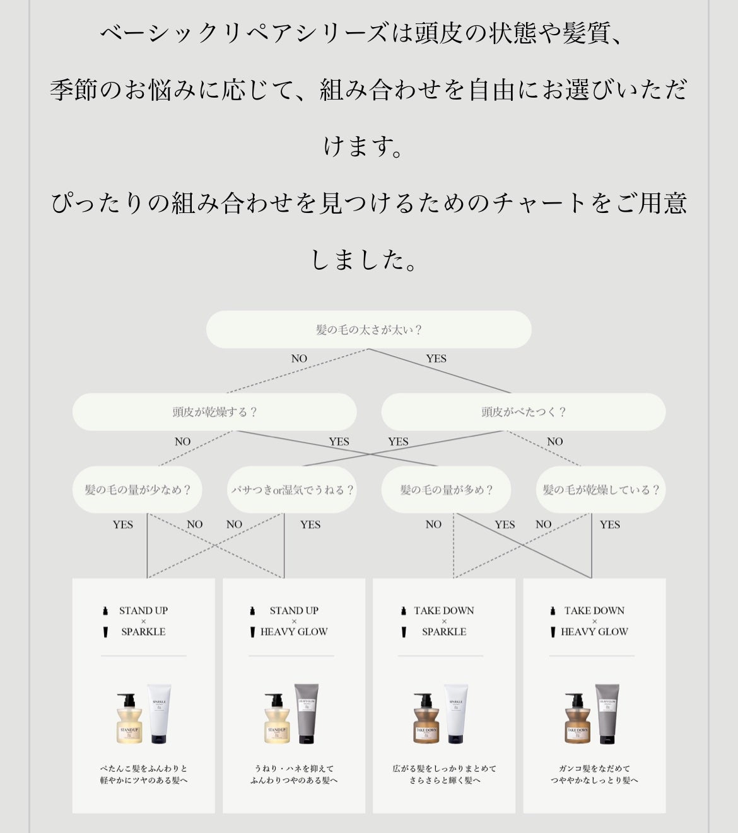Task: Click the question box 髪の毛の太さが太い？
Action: tap(368, 330)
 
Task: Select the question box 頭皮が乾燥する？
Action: tap(214, 412)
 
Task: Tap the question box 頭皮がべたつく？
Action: tap(523, 412)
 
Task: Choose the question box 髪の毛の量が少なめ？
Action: tap(138, 490)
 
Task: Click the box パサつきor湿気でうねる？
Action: tap(292, 490)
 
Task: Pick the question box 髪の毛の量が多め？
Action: tap(446, 490)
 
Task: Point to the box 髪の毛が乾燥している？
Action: tap(600, 490)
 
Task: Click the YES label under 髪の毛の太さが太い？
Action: tap(436, 359)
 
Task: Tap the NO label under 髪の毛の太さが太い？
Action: tap(299, 359)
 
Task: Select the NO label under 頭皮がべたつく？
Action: tap(554, 442)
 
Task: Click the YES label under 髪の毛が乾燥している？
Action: tap(610, 524)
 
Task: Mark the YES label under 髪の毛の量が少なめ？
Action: tap(123, 524)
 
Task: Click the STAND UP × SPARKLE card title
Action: tap(143, 621)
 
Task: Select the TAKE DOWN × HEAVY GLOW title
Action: tap(594, 621)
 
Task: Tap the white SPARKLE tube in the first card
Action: tap(158, 713)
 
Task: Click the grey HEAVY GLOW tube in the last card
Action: tap(607, 713)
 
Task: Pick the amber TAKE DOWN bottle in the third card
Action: tap(426, 720)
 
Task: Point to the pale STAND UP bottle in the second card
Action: tap(277, 720)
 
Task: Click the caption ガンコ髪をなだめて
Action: tap(594, 769)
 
